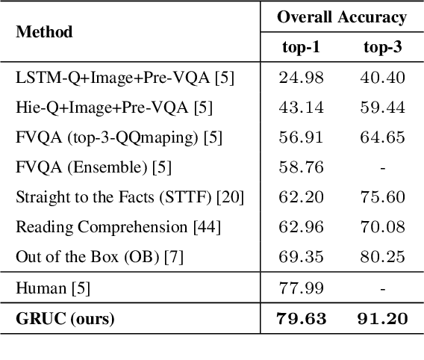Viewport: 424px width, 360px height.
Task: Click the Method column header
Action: click(44, 32)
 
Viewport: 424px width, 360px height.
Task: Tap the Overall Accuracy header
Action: click(343, 17)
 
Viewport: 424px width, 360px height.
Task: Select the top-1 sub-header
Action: click(301, 47)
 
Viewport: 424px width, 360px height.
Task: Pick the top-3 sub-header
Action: click(382, 47)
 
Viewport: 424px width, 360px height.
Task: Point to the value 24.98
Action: click(301, 78)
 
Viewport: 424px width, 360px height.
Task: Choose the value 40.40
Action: click(382, 78)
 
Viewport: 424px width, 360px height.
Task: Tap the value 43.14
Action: click(301, 108)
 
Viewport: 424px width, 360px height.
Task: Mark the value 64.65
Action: click(382, 137)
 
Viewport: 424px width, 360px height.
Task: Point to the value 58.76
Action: click(301, 167)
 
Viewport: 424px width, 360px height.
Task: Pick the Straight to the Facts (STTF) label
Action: click(130, 197)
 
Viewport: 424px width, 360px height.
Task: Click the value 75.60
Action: click(382, 197)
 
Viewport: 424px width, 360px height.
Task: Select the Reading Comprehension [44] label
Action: click(117, 227)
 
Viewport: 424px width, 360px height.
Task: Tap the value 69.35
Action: click(301, 257)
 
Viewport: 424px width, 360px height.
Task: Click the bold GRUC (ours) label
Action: click(65, 320)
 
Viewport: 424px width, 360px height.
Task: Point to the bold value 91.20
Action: click(382, 320)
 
